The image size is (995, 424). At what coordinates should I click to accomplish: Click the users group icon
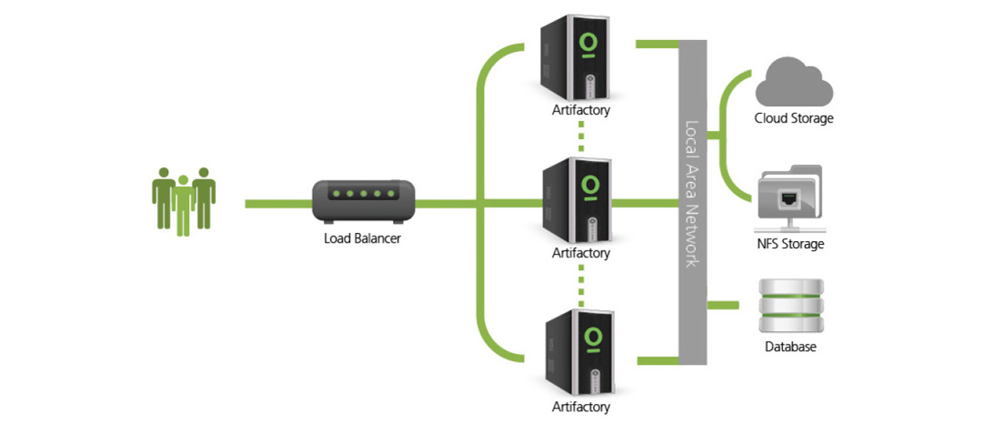[183, 200]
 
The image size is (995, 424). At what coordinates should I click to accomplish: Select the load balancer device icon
[363, 202]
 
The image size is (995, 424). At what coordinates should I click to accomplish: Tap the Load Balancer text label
[362, 239]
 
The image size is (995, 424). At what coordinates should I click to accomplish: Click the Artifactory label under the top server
[580, 111]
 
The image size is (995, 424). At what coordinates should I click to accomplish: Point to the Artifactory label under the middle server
[580, 253]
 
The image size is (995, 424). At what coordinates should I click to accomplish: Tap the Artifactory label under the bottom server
[580, 407]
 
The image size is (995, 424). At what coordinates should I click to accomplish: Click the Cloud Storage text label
[793, 118]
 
